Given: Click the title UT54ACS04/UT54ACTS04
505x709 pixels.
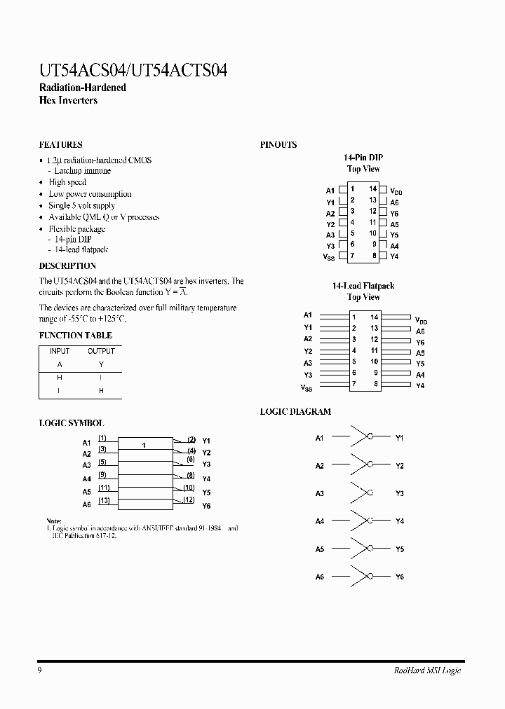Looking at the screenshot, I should pyautogui.click(x=133, y=70).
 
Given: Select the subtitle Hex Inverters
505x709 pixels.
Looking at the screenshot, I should pyautogui.click(x=68, y=100).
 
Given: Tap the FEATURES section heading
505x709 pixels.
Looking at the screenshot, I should pyautogui.click(x=60, y=144).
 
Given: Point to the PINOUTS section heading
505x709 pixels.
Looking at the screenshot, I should pyautogui.click(x=278, y=144).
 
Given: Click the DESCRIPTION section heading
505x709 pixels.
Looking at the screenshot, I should pyautogui.click(x=67, y=266).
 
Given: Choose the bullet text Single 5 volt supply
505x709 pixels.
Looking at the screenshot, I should pyautogui.click(x=81, y=205).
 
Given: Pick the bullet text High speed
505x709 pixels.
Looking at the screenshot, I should pyautogui.click(x=67, y=182).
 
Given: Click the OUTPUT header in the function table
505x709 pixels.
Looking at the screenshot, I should pyautogui.click(x=101, y=351).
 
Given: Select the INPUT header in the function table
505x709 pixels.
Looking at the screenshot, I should pyautogui.click(x=60, y=351).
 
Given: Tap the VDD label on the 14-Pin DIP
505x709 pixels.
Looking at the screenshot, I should pyautogui.click(x=396, y=191).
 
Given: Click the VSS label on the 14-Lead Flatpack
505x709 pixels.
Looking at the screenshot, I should pyautogui.click(x=307, y=387).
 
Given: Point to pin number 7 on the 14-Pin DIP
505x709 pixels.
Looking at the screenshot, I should pyautogui.click(x=353, y=256).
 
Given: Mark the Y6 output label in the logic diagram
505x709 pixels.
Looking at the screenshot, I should pyautogui.click(x=399, y=577).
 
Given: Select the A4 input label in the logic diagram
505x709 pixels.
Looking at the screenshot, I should pyautogui.click(x=319, y=521).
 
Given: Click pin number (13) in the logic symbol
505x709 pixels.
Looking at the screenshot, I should pyautogui.click(x=104, y=500).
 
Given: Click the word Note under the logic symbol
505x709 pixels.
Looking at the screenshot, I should pyautogui.click(x=54, y=521).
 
